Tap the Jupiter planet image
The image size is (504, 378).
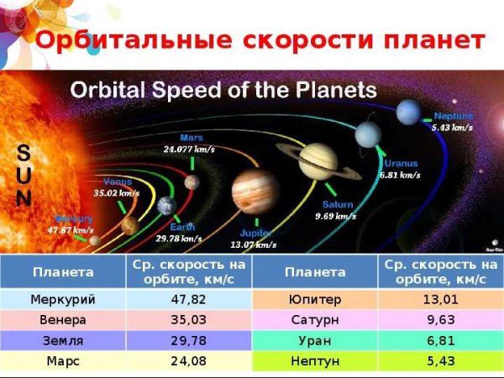(x=255, y=192)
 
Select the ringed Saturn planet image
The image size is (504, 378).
(x=318, y=160)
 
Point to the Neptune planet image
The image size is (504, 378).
(x=409, y=110)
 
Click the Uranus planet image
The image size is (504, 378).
(x=368, y=134)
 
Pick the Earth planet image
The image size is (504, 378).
(x=165, y=207)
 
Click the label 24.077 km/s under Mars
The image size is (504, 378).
(x=189, y=150)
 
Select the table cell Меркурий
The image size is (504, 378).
(x=63, y=300)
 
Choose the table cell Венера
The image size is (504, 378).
(x=63, y=321)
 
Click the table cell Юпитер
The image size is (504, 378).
(x=314, y=300)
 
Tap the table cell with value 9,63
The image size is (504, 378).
(x=440, y=321)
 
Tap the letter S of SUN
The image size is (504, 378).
(x=24, y=151)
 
